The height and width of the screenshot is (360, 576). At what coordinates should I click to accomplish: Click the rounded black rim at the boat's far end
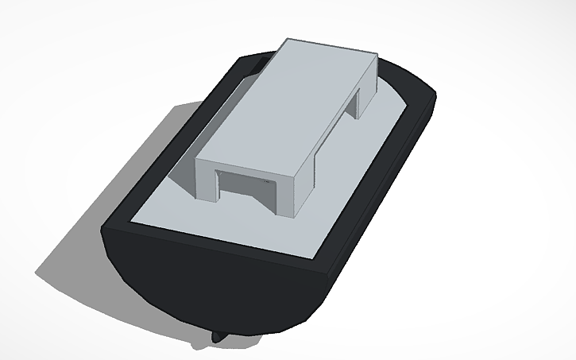tap(397, 75)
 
